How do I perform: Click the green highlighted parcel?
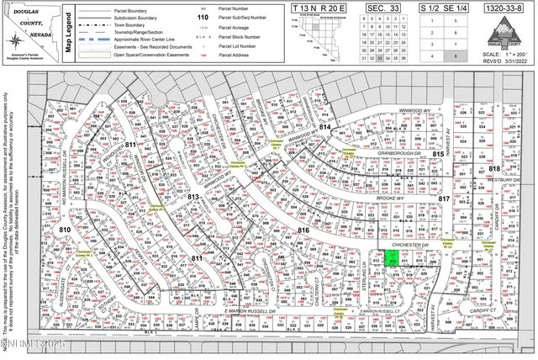coord(392,259)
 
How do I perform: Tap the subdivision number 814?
coord(324,127)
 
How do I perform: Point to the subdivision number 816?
coord(304,230)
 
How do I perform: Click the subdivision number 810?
coord(65,229)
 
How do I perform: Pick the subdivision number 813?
coord(193,197)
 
